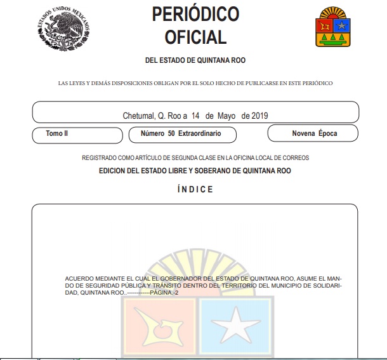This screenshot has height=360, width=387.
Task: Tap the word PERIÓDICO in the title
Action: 195,14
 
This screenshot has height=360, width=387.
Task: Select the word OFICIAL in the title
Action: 195,37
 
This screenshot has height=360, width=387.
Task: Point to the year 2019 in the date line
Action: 260,116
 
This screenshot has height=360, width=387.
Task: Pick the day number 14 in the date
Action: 195,116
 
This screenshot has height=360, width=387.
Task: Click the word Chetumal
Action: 138,116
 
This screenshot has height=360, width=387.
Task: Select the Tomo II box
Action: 78,135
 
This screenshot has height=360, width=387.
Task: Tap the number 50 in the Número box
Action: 171,135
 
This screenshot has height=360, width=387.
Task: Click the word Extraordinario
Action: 199,135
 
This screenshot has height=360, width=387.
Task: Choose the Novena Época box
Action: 313,133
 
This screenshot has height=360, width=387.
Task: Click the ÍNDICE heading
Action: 195,189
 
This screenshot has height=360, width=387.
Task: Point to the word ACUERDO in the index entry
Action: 79,279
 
